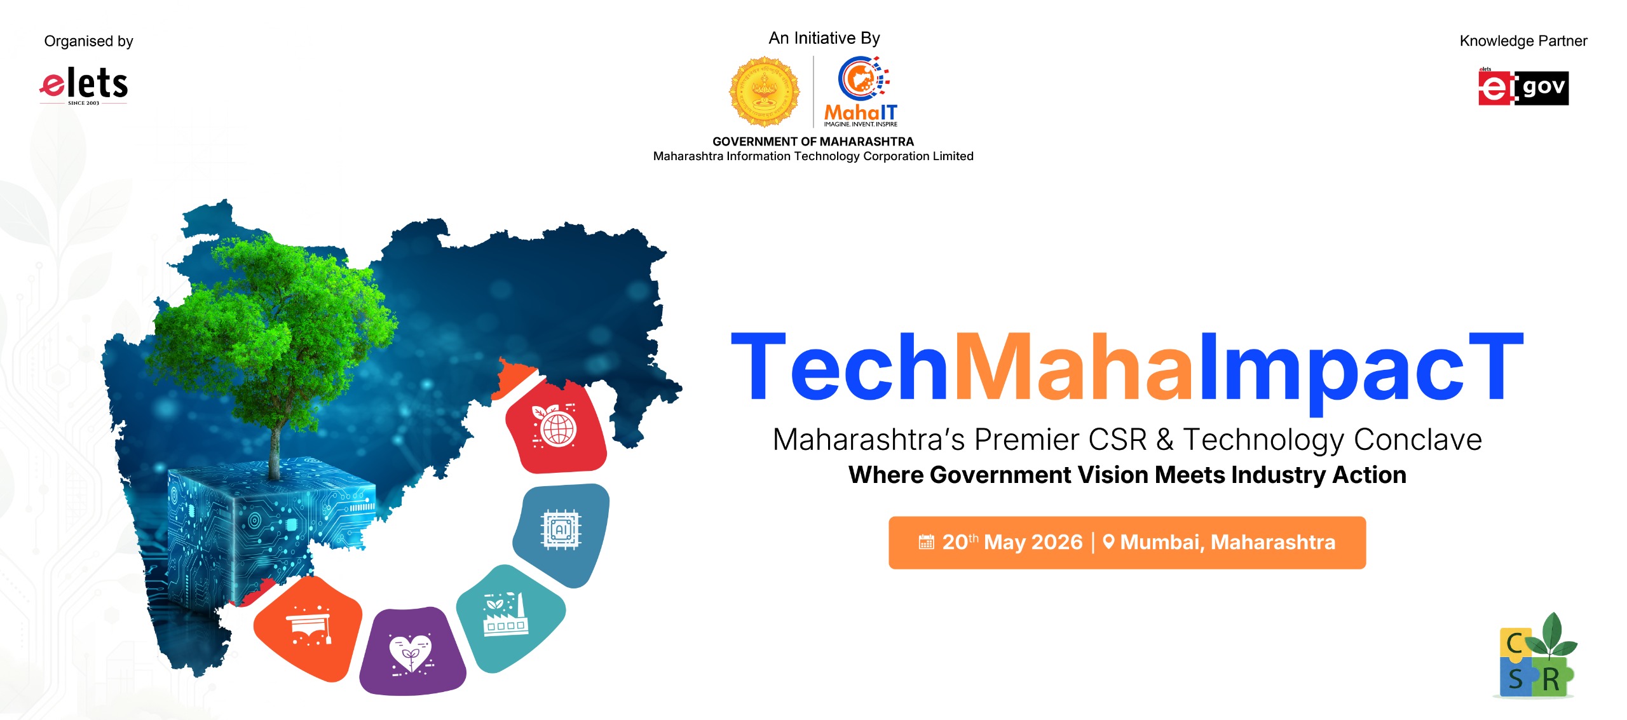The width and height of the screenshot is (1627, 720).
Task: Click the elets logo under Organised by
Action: tap(84, 85)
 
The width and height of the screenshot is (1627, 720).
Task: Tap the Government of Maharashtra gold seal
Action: tap(764, 92)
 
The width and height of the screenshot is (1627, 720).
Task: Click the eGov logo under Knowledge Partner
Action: tap(1523, 88)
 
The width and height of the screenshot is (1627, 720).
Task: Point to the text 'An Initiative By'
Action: tap(824, 39)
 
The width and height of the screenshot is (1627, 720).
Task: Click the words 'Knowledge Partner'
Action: tap(1523, 41)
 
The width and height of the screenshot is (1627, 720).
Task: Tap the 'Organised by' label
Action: tap(88, 41)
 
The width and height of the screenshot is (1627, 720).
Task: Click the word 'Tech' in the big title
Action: tap(839, 369)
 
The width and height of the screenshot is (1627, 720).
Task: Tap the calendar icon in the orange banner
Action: tap(927, 542)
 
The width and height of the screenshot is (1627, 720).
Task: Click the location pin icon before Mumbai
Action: tap(1108, 542)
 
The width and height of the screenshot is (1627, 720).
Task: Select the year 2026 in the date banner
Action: tap(1058, 542)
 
